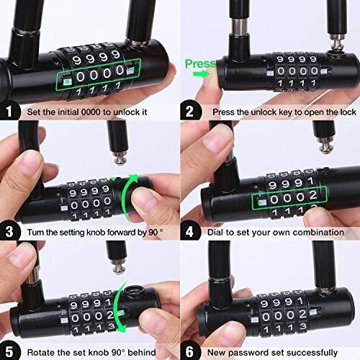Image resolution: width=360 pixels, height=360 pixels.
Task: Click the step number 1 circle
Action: pos(9,112)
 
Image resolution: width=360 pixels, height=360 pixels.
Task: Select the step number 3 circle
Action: pos(9,232)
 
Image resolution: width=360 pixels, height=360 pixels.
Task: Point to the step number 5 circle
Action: pos(9,351)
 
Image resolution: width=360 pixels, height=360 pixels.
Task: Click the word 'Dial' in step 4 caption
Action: pos(216,232)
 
